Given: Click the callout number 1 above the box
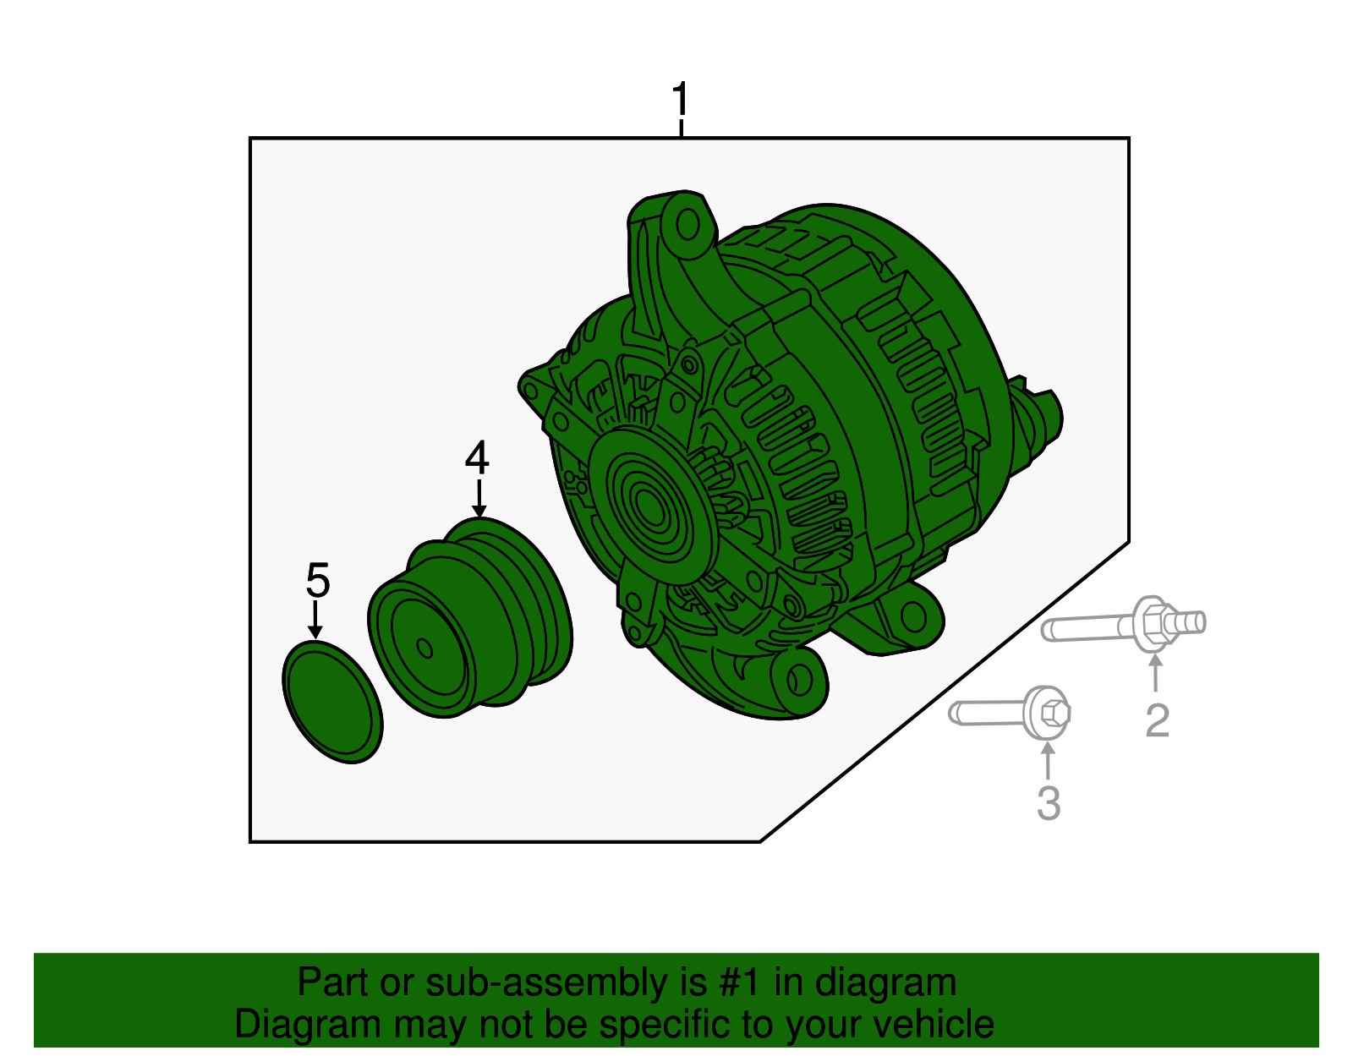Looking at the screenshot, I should [681, 101].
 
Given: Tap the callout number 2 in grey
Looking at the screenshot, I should [1157, 720].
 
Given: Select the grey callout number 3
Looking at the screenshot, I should [1049, 803].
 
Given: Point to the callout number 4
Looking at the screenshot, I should [477, 458].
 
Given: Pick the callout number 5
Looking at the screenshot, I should [317, 581].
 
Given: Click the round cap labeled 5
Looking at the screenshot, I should [332, 701].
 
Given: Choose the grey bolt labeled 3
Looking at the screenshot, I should [1011, 712].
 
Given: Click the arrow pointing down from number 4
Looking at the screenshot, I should [479, 500].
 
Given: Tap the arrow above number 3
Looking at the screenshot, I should [1048, 758].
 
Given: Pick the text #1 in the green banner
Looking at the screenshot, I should [740, 982].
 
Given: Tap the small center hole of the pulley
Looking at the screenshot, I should [425, 648].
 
